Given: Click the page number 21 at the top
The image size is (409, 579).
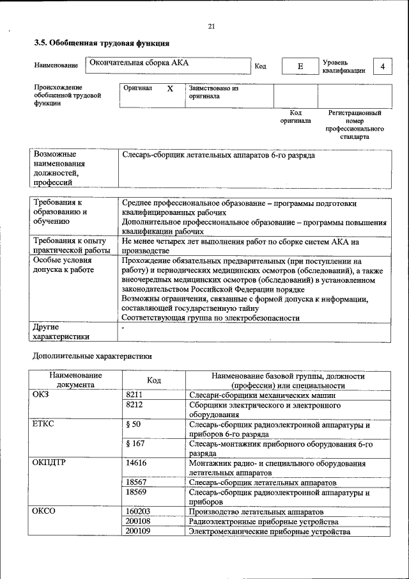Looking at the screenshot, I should tap(212, 26).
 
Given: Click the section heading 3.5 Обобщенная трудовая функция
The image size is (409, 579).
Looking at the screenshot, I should tap(101, 44).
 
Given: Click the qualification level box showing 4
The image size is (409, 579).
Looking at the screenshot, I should tap(382, 67).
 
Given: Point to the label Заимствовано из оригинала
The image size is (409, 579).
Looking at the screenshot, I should tap(213, 92).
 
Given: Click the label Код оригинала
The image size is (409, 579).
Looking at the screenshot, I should tap(295, 116).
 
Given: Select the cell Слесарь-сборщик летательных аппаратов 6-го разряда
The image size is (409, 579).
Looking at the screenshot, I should tap(219, 155).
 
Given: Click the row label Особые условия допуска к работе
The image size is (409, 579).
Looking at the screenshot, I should tap(63, 265).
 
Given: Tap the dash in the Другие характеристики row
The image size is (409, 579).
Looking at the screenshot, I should tap(123, 327).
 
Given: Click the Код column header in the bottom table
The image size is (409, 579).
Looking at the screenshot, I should tap(153, 380).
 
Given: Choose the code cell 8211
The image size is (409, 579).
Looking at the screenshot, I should tap(135, 395).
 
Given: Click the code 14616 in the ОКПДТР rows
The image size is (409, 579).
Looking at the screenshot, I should tap(137, 463).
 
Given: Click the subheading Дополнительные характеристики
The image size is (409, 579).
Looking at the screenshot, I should tap(92, 355).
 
